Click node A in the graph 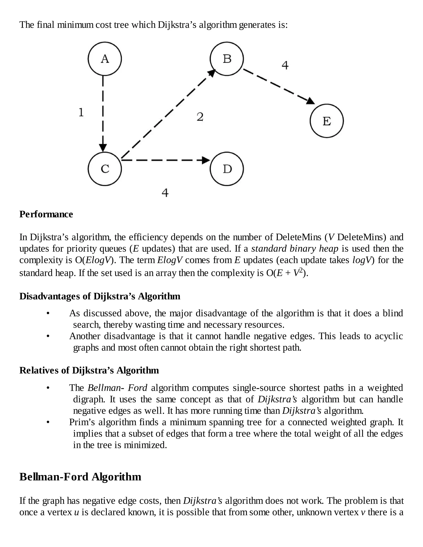coord(105,59)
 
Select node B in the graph coord(227,59)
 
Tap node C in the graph coord(105,169)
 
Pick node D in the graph coord(227,169)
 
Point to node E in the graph coord(327,121)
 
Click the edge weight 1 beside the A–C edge coord(81,112)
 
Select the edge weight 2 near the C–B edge coord(200,117)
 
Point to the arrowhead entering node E coord(311,101)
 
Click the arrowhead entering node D coord(206,160)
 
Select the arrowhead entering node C coord(103,148)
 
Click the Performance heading coord(46,214)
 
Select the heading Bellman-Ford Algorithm coord(80,477)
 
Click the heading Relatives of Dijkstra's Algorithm coord(89,370)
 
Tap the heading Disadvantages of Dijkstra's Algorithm coord(100,296)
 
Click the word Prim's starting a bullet coord(82,422)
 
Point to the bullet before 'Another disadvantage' coord(48,336)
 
